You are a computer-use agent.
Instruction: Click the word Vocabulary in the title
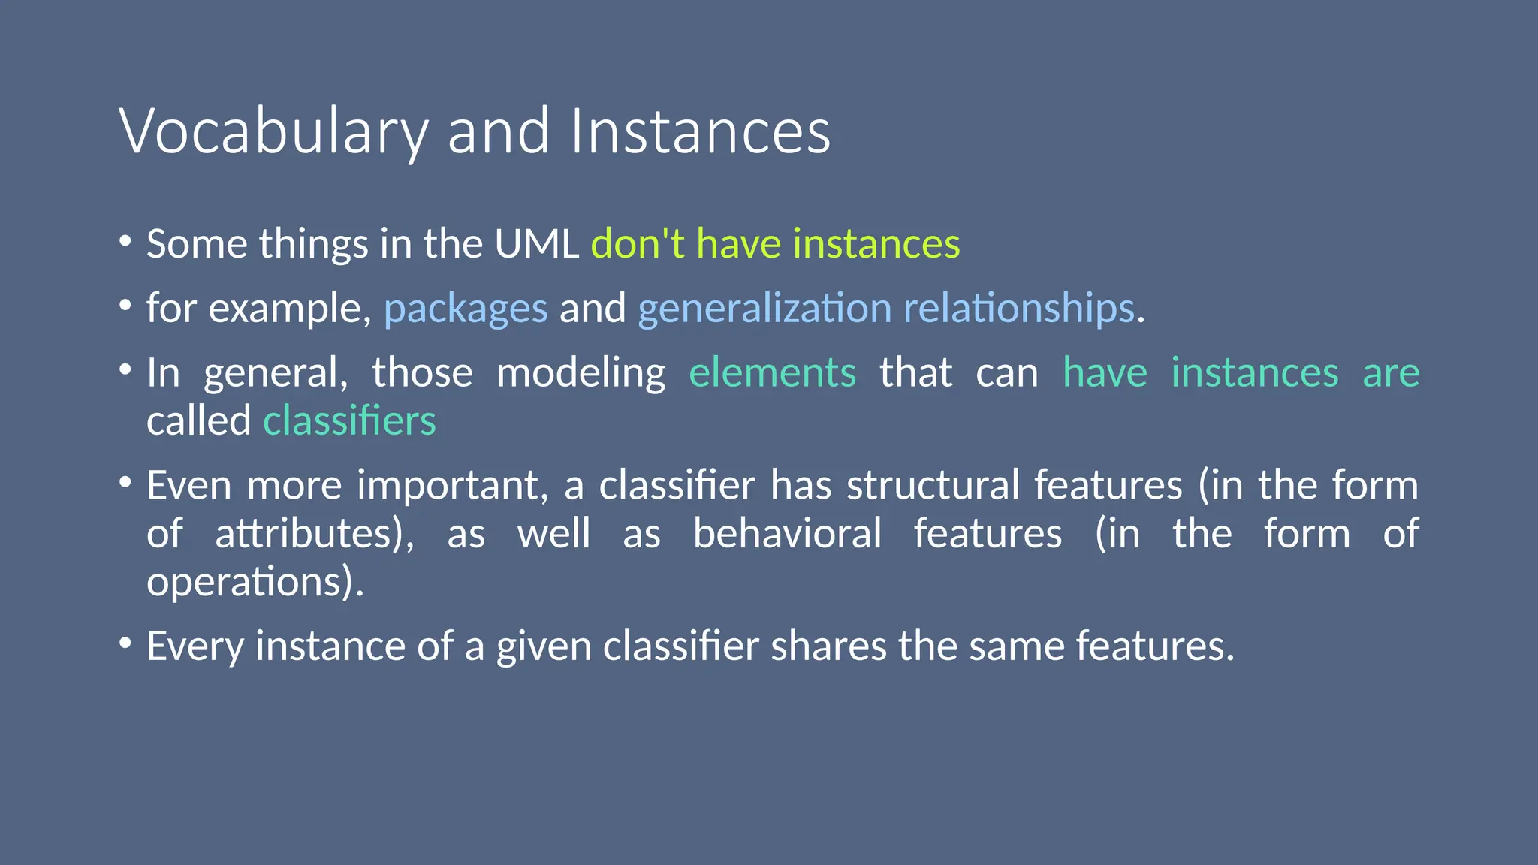point(273,132)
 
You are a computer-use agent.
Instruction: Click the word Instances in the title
point(700,132)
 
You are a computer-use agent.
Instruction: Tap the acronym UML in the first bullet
point(536,244)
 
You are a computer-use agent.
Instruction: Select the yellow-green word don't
point(638,244)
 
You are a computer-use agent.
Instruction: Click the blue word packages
point(466,309)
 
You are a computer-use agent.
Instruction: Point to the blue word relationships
point(1019,309)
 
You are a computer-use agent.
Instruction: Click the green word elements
point(772,373)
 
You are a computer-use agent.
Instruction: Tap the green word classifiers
point(349,421)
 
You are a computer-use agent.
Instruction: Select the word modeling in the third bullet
point(581,373)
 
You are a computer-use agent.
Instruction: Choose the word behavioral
point(787,534)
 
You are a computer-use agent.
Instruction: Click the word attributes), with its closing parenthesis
point(315,534)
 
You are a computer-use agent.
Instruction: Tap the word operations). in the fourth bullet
point(255,582)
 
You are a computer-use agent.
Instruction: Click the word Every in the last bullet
point(195,646)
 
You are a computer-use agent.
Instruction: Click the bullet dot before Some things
point(125,241)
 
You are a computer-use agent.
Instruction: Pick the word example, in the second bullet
point(290,309)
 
